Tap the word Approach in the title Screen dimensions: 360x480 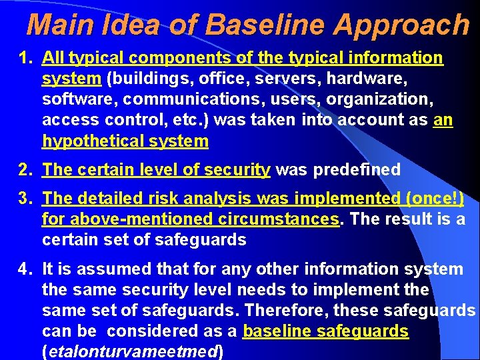pyautogui.click(x=401, y=25)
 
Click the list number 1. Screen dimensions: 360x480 pyautogui.click(x=24, y=58)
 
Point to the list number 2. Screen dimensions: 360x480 pyautogui.click(x=24, y=170)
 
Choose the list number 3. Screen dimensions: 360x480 pyautogui.click(x=24, y=199)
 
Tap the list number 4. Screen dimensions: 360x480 pyautogui.click(x=24, y=269)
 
